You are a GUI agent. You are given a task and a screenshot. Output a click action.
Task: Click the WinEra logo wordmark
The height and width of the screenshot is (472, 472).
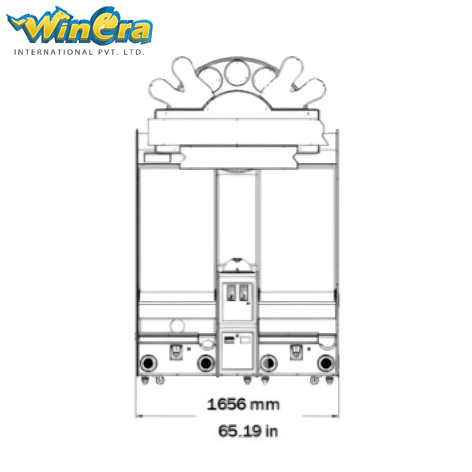click(x=80, y=25)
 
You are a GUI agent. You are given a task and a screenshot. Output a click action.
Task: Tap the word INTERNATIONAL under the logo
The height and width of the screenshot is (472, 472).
click(x=54, y=52)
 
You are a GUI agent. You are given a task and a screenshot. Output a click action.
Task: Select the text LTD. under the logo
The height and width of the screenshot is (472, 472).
click(x=134, y=52)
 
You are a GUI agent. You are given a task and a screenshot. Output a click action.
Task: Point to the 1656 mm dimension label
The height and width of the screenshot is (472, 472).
click(x=243, y=405)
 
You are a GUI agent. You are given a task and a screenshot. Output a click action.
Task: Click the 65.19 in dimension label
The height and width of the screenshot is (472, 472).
click(x=248, y=431)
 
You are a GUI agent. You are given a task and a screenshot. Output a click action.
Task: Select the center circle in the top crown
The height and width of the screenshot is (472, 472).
click(x=237, y=73)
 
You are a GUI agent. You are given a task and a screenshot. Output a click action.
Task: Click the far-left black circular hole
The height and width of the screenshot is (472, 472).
click(x=148, y=363)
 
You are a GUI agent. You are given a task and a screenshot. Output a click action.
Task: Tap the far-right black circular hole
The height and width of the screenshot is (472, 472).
click(x=326, y=363)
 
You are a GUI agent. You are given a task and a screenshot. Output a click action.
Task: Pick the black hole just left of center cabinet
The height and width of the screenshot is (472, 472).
click(x=206, y=363)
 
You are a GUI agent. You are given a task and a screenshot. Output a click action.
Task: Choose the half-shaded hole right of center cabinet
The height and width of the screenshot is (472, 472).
click(x=269, y=363)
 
